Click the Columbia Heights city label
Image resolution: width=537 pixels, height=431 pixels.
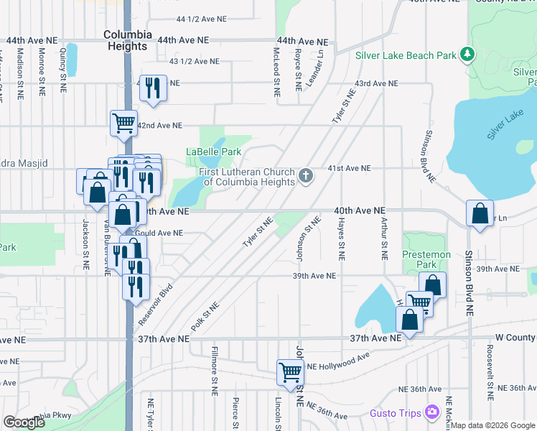[x=128, y=40]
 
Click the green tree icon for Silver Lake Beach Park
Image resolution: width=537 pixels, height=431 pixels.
[x=468, y=54]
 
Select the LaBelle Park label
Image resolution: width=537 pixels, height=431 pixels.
[x=214, y=152]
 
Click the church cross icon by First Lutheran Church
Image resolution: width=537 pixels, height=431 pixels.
[x=306, y=176]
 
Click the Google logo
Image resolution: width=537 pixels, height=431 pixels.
[x=24, y=422]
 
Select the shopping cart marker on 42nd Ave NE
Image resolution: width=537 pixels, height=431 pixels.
[x=123, y=123]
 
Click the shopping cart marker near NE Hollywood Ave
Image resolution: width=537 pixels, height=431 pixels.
[x=290, y=371]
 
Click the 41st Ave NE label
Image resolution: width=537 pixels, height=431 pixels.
[x=349, y=168]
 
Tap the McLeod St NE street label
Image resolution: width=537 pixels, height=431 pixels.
[x=276, y=72]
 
